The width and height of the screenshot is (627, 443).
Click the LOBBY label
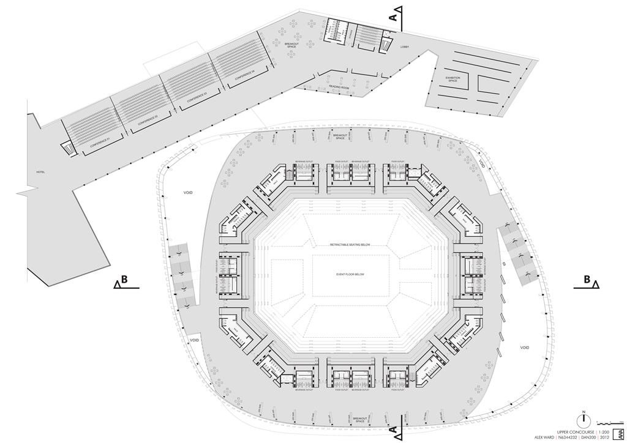(x=405, y=47)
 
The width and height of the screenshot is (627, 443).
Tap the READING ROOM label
(x=339, y=87)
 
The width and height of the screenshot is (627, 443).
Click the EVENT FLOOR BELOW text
(x=350, y=274)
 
